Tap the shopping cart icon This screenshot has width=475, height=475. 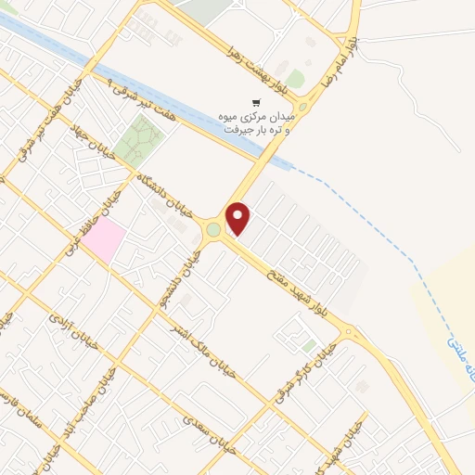(x=257, y=102)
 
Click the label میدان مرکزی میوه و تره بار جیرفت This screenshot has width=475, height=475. (x=257, y=123)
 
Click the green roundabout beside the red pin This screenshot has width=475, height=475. (x=214, y=229)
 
